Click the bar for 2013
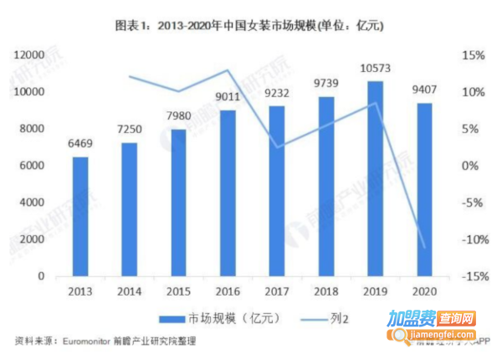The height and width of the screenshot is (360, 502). click(x=80, y=216)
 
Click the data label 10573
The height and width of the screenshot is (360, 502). click(x=376, y=68)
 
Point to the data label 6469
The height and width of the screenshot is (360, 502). click(x=80, y=144)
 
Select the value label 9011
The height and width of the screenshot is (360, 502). click(x=228, y=97)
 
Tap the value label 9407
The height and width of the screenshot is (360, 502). click(x=424, y=90)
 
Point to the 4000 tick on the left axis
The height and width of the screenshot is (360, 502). click(x=31, y=203)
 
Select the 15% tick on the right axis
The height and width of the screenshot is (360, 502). click(x=474, y=54)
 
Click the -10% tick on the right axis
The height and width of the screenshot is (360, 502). click(x=471, y=239)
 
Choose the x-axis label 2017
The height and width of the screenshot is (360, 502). click(x=277, y=290)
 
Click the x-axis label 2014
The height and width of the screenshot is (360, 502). click(x=130, y=290)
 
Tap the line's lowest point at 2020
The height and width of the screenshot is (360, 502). click(x=424, y=248)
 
